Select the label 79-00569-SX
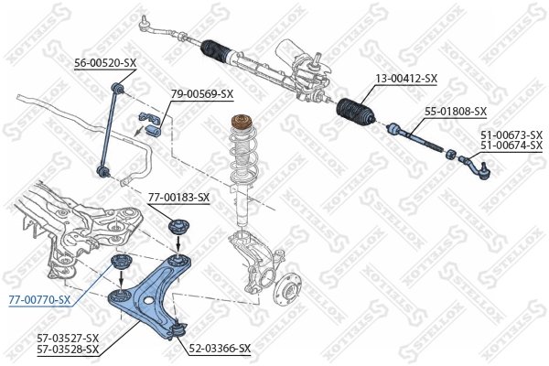pos(202,93)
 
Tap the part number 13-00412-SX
pos(405,79)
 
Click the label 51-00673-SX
pos(511,135)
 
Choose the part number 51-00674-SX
pos(511,145)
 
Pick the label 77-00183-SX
pos(178,197)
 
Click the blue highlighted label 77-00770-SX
pos(38,299)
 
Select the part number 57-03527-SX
pos(68,339)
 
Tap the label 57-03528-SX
pos(68,349)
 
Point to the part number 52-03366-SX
pos(220,349)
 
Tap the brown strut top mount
pos(244,122)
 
